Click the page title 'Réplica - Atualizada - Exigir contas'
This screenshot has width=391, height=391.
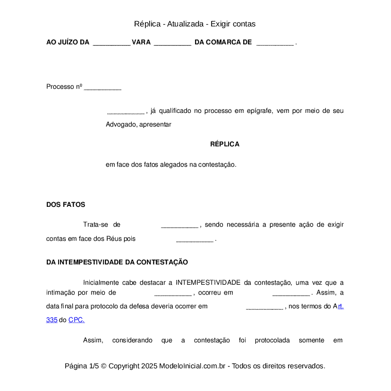pos(195,24)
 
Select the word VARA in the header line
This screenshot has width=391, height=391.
pos(141,42)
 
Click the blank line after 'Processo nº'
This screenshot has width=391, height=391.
pos(102,87)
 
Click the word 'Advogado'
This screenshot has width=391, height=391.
pos(120,125)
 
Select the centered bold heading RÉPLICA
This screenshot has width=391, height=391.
pos(225,144)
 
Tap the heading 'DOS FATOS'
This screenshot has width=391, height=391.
pos(66,205)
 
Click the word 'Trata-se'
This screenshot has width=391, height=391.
pos(96,225)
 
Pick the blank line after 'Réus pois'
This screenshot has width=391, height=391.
pos(195,239)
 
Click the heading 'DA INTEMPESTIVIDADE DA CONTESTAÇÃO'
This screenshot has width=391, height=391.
pos(117,263)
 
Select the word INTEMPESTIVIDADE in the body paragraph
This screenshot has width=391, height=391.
pos(208,283)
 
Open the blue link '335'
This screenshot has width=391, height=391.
pos(51,320)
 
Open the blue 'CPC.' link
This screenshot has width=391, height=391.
pos(76,320)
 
